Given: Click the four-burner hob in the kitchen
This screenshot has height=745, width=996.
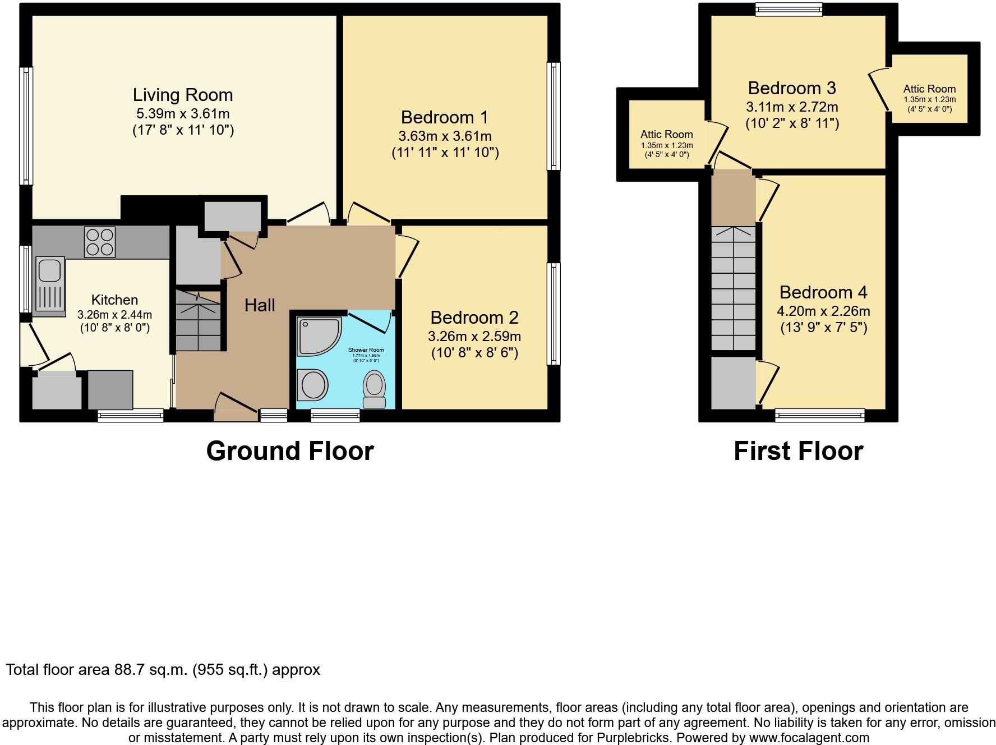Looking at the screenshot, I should (100, 242).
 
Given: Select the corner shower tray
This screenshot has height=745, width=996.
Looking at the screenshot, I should (317, 337).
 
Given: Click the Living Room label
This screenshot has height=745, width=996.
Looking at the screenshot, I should (183, 95).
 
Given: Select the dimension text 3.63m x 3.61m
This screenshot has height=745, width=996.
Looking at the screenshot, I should (445, 136).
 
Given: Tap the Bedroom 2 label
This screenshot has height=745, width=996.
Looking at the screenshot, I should (474, 318).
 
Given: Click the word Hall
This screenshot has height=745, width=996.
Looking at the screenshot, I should (260, 305).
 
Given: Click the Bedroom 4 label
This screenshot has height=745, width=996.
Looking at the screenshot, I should (823, 292).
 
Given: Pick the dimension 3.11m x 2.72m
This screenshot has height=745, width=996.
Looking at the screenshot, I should (791, 107).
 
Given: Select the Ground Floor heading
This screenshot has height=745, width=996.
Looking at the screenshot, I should (290, 451).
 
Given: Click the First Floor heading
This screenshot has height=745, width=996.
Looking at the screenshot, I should (798, 451).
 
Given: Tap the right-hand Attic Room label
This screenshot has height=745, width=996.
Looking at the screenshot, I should (929, 89).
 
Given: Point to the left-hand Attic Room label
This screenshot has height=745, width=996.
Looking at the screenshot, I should (666, 134).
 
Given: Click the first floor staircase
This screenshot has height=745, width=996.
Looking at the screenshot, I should (733, 288).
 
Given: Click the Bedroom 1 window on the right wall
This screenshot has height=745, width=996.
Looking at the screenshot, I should (553, 116).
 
